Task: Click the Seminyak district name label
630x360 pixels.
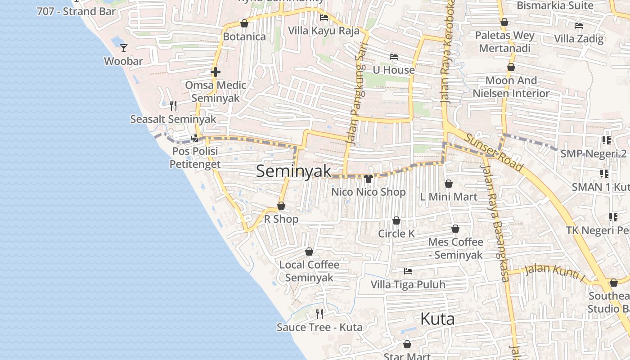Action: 294,171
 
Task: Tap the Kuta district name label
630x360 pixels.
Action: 437,319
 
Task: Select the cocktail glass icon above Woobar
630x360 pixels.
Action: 124,48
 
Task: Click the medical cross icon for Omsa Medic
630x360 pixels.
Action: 216,72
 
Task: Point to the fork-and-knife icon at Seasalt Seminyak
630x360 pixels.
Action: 173,106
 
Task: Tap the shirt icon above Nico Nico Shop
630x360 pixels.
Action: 369,179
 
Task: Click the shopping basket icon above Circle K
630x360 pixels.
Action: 396,220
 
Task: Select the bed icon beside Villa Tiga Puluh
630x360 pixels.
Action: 408,271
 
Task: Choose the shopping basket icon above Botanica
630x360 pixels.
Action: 244,23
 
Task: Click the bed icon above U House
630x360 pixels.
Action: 394,57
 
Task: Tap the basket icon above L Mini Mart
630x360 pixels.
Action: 448,184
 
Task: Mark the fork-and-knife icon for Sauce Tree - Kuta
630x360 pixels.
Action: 319,314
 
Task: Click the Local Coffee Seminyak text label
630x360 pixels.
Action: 309,271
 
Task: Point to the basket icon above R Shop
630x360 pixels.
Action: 281,206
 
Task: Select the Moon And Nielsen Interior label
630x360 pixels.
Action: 511,87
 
